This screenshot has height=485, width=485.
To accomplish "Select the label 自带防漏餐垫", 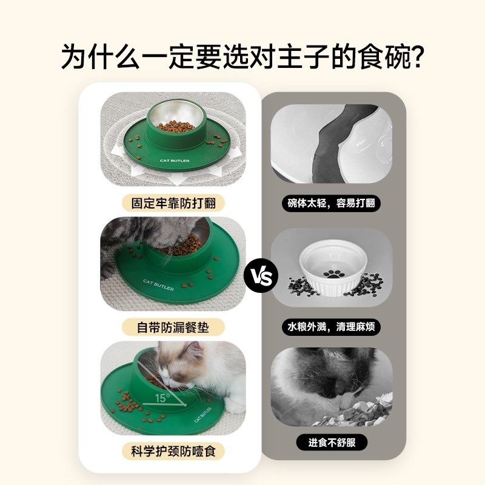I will pos(173,327).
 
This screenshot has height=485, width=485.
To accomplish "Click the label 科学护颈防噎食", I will pos(173,451).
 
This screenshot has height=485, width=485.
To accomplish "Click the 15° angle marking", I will pos(162,398).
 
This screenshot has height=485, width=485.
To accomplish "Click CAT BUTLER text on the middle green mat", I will pos(159,284).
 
